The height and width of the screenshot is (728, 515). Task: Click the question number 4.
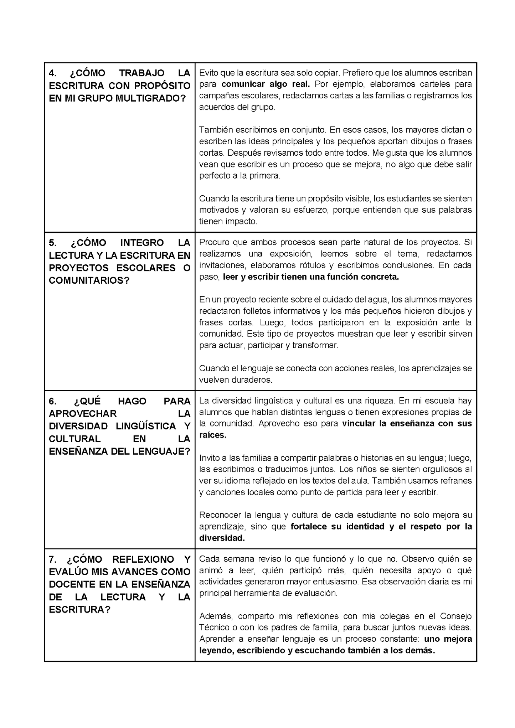pos(52,73)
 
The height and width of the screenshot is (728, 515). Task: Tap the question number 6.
pos(52,401)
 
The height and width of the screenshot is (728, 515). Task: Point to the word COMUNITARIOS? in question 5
pos(89,280)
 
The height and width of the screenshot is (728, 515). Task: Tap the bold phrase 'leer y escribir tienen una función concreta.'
pos(311,277)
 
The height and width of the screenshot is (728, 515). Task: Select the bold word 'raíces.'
pos(213,435)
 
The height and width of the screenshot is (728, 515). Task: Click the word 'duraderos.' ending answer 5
pos(254,380)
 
